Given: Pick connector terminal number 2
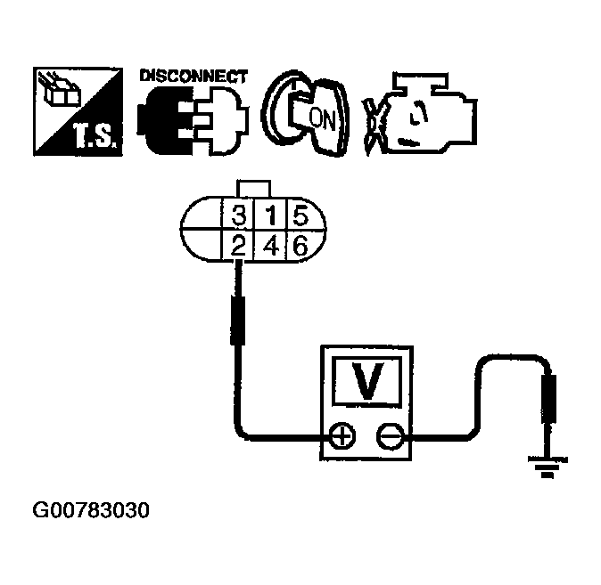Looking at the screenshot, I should click(238, 246).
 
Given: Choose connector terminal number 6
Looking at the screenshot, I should click(300, 246).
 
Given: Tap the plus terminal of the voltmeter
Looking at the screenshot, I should click(343, 437).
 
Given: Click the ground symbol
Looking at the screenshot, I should click(546, 465).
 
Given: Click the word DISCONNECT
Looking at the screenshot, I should click(193, 77).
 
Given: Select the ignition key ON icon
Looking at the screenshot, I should click(303, 114).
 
